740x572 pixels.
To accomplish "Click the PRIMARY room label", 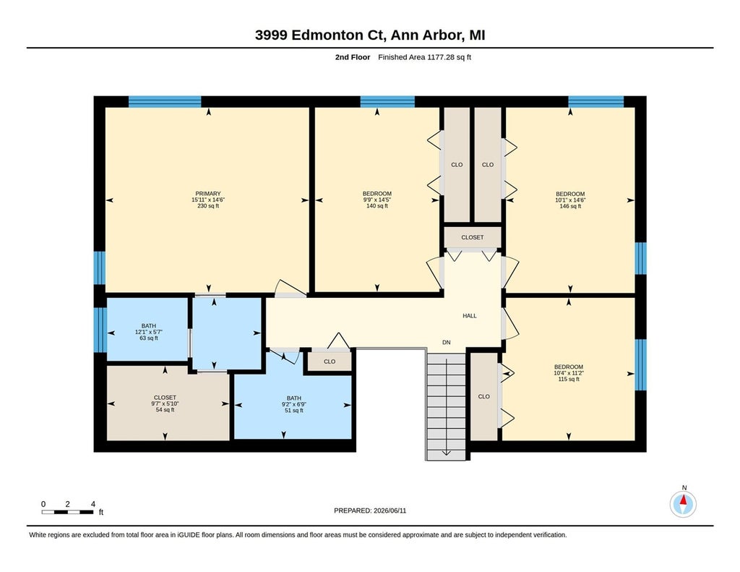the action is point(208,194).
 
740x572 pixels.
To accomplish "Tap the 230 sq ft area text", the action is point(208,206).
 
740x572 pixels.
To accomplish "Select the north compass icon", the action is point(683,504).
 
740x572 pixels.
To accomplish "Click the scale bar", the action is point(67,512).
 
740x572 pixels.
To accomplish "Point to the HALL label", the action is point(470,316).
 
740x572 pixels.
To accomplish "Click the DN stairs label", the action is point(447,343).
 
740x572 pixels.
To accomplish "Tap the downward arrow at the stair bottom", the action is point(446,453).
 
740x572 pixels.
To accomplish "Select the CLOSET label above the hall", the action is point(473,238).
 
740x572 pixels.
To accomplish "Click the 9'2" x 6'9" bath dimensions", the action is point(294,404).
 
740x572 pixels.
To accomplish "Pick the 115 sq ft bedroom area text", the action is point(569,379).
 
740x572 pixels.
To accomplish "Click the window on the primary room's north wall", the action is point(165,101).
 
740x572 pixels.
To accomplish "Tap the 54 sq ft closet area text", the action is point(165,410).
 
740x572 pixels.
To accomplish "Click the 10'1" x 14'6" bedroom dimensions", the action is point(570,200).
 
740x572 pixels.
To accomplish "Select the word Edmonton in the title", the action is point(327,35).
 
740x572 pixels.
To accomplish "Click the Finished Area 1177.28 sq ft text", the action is point(425,57).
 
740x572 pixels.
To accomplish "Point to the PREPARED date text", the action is point(370,511).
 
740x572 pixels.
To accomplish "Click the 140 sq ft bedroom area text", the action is point(377,206).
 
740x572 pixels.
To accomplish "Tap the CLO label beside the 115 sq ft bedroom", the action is point(483,397).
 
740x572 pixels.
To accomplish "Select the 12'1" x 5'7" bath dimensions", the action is point(149,332).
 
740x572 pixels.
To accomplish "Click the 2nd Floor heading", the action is point(353,57).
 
